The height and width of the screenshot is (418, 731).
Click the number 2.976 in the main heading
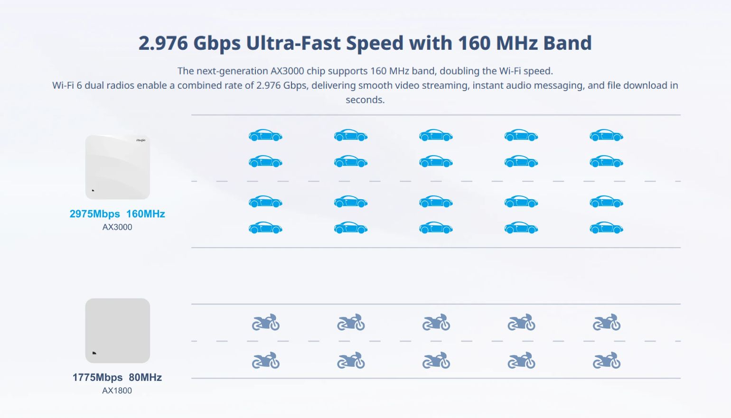(163, 43)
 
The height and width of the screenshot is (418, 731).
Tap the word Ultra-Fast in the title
(293, 43)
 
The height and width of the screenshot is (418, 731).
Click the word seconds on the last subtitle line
(365, 100)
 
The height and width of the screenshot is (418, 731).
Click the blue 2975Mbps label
(94, 214)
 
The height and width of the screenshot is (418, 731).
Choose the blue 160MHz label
(146, 214)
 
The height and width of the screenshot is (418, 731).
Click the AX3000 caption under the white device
(117, 227)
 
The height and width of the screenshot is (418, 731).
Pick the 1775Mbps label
(98, 377)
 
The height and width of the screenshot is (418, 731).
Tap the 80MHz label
(145, 377)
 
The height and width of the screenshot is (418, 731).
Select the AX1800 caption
(117, 390)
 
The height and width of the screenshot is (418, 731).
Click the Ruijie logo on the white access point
(141, 140)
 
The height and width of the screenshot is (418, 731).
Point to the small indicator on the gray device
(94, 353)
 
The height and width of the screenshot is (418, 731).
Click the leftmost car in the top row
(265, 135)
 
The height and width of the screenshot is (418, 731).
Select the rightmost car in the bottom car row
(606, 228)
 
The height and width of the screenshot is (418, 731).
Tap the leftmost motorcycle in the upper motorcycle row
(266, 322)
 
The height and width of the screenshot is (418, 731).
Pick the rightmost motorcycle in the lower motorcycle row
(607, 360)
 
